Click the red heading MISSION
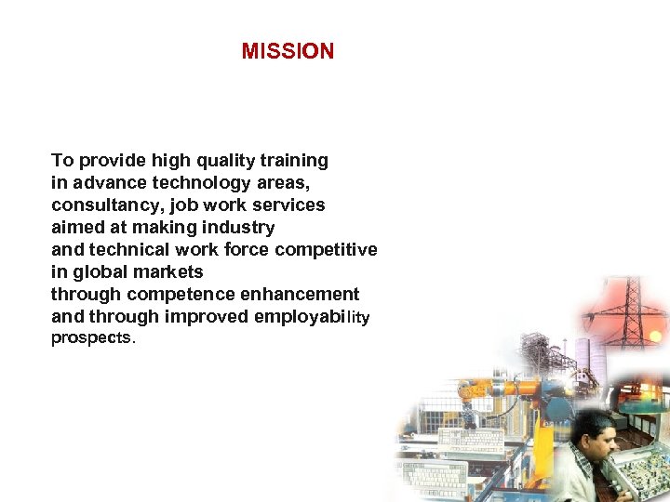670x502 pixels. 288,52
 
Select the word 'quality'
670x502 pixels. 223,161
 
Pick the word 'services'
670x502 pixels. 289,205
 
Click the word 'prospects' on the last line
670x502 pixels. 91,338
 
